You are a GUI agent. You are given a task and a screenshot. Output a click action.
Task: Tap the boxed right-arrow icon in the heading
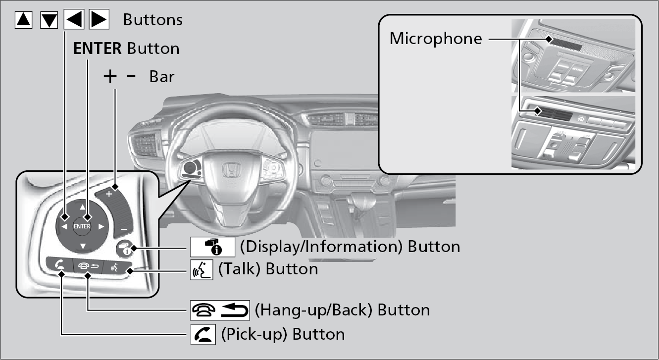pyautogui.click(x=98, y=20)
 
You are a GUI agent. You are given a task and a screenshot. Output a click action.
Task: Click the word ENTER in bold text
pyautogui.click(x=98, y=49)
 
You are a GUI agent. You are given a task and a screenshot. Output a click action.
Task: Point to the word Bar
pyautogui.click(x=162, y=77)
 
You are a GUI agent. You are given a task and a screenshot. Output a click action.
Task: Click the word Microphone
pyautogui.click(x=436, y=39)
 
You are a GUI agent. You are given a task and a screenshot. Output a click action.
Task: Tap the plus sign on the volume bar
pyautogui.click(x=109, y=194)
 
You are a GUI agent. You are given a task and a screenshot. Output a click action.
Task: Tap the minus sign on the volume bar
pyautogui.click(x=124, y=229)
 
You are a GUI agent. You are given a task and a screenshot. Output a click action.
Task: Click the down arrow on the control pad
pyautogui.click(x=83, y=246)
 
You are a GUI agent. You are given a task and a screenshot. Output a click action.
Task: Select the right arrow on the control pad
pyautogui.click(x=101, y=227)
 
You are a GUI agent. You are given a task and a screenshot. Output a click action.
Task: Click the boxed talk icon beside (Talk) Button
pyautogui.click(x=202, y=269)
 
